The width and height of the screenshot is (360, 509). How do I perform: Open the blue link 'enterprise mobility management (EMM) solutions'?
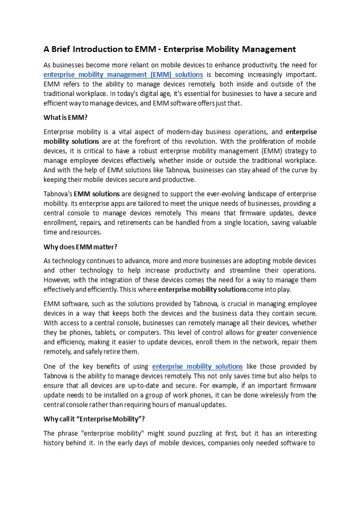point(123,75)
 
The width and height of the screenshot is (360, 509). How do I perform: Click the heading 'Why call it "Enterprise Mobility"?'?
point(94,419)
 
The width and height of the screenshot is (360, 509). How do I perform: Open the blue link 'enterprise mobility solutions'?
point(197,366)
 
